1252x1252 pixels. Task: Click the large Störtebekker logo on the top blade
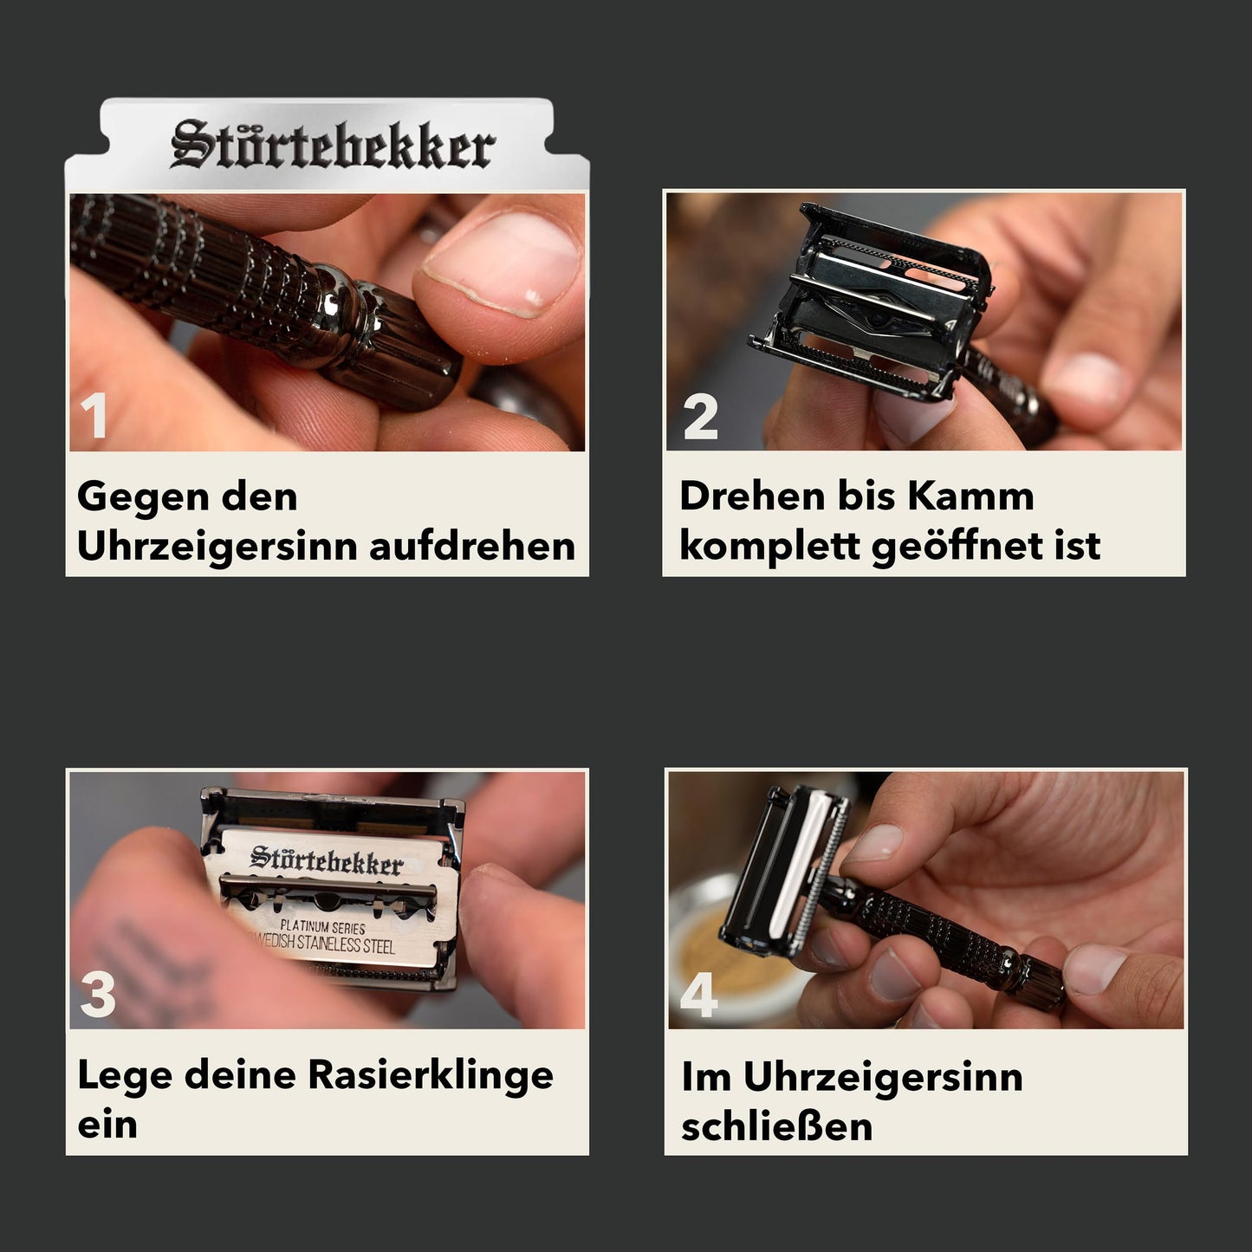click(333, 144)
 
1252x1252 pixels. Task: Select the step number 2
click(700, 416)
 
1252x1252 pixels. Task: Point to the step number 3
click(98, 995)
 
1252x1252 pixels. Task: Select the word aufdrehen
click(472, 546)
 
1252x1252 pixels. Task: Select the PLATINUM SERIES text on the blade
click(322, 927)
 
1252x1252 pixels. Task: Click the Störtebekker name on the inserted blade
click(327, 860)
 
